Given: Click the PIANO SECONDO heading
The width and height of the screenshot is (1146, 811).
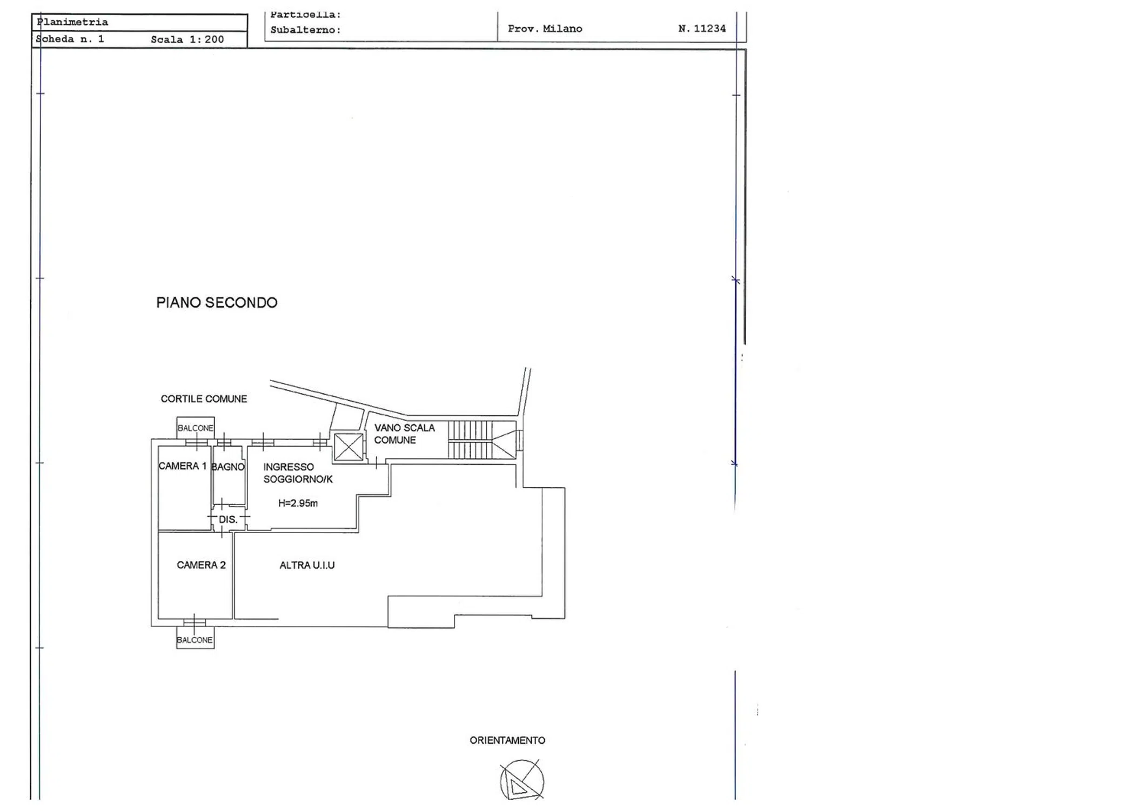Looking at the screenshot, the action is (217, 302).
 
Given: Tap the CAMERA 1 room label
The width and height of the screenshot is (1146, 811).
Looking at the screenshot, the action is (182, 466).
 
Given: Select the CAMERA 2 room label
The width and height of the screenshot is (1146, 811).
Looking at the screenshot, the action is (201, 565).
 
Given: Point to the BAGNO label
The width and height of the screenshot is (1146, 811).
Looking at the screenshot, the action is (228, 467).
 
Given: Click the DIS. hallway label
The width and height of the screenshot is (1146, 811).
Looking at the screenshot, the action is (228, 520).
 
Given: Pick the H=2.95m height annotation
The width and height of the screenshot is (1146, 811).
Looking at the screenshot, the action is (298, 503).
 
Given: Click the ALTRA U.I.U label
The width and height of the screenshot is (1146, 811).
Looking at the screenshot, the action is (307, 566).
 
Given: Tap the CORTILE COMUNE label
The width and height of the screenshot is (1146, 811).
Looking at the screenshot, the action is (204, 399).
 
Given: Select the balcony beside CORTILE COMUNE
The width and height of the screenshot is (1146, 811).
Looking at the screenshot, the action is (196, 428).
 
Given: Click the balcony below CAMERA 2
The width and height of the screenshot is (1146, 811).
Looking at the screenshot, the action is (195, 637).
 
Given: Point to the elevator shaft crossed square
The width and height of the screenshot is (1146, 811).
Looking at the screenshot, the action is (349, 447).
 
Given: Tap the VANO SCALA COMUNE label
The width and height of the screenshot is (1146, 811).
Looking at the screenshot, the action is (404, 434).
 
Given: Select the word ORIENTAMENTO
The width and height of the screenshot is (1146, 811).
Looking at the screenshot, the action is (507, 741).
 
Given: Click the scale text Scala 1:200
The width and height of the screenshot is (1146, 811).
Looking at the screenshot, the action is (187, 39).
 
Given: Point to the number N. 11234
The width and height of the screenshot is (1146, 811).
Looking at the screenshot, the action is (702, 29).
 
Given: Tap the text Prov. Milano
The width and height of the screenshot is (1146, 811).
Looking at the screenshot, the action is (545, 29).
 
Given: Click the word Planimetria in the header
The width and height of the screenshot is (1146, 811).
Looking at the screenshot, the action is (72, 22).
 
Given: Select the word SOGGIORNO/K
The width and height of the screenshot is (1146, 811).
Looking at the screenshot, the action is (298, 479).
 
